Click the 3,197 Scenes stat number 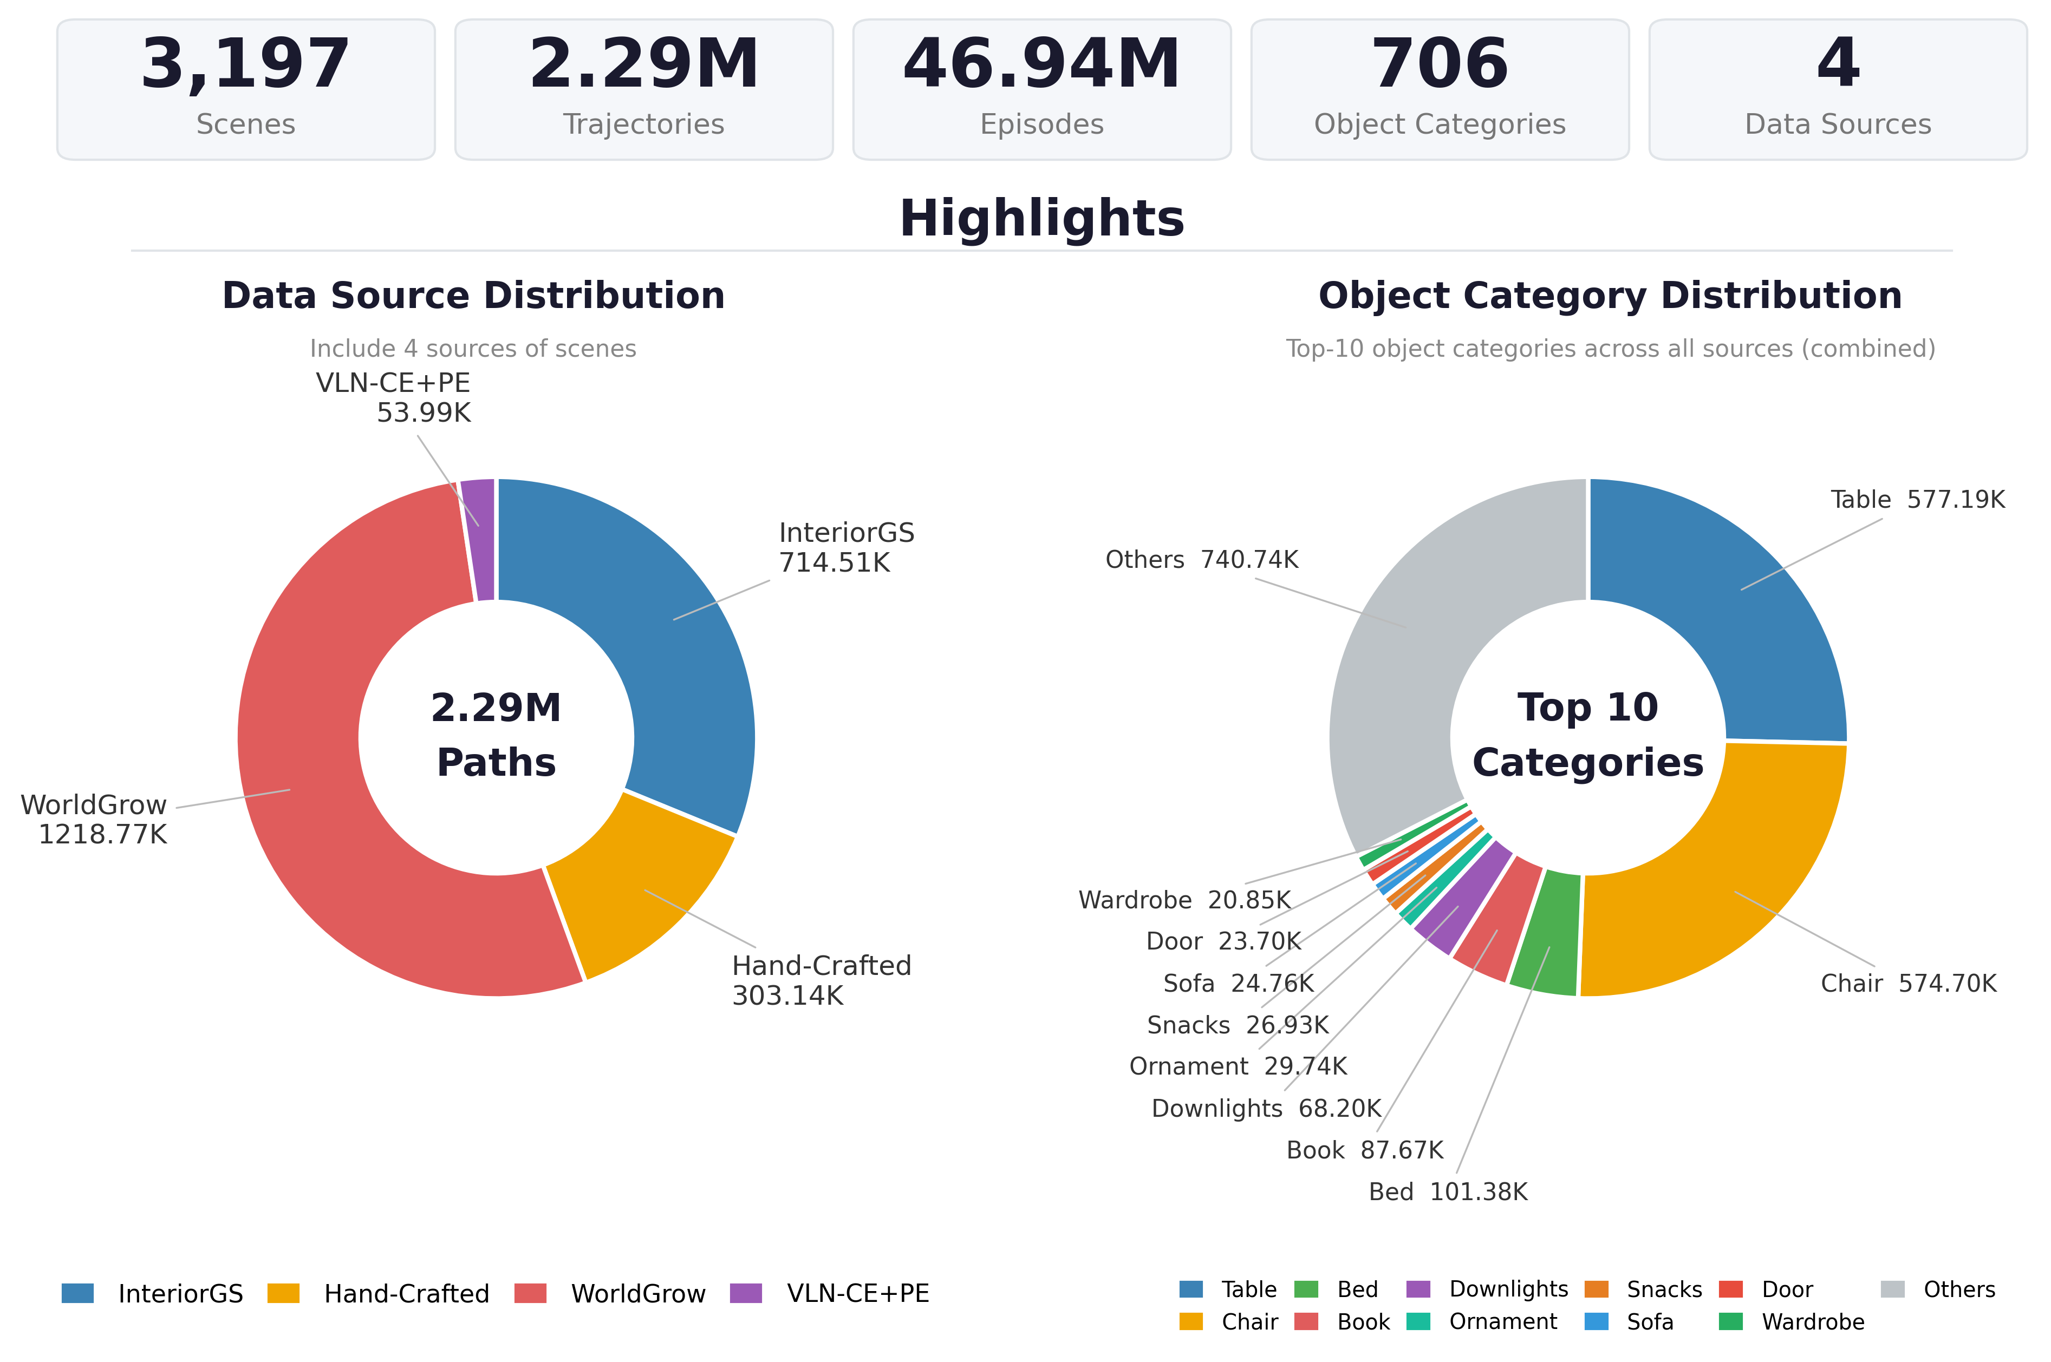point(245,65)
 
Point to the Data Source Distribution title point(474,296)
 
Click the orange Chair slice point(1729,886)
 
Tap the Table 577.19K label point(1918,500)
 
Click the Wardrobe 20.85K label point(1184,900)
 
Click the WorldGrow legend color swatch point(530,1293)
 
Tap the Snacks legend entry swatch point(1597,1289)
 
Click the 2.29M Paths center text point(496,735)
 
